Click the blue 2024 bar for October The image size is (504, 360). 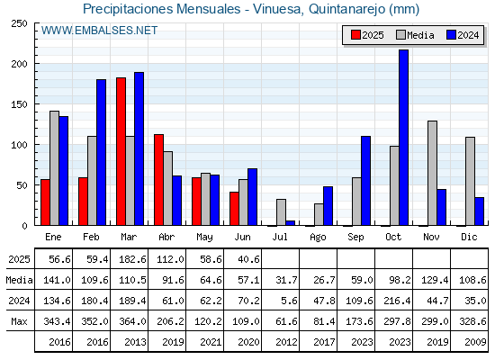click(404, 138)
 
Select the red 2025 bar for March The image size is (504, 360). click(121, 151)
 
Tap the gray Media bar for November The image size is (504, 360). click(432, 173)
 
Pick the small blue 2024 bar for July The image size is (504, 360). click(290, 223)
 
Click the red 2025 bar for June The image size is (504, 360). click(234, 209)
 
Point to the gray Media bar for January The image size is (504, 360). click(54, 168)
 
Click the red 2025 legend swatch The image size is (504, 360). click(355, 35)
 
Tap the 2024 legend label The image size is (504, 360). click(468, 35)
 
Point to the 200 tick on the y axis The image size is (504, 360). click(19, 64)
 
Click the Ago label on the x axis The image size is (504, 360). click(318, 238)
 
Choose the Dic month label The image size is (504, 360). click(469, 237)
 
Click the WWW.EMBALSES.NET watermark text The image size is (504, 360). click(99, 31)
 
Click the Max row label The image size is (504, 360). click(19, 321)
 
